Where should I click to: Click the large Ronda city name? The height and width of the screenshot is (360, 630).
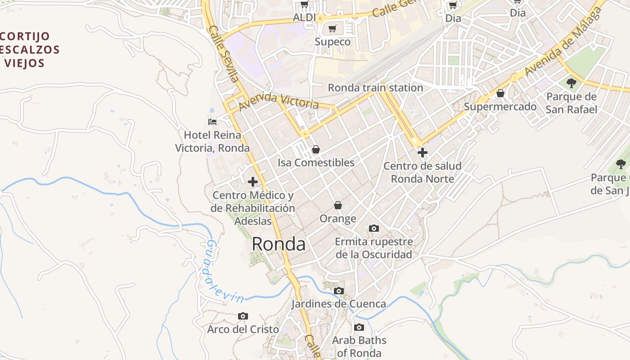click(x=279, y=244)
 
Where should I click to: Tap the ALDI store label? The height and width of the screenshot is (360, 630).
click(x=304, y=18)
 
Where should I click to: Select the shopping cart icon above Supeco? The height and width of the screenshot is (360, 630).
click(x=333, y=29)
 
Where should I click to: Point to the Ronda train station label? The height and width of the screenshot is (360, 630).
click(x=375, y=88)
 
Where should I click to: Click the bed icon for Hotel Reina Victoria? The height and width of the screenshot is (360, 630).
click(x=212, y=121)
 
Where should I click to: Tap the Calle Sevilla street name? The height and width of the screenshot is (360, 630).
click(x=224, y=53)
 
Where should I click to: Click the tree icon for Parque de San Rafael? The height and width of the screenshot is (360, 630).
click(x=571, y=83)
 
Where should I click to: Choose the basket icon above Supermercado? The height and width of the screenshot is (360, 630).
click(x=500, y=93)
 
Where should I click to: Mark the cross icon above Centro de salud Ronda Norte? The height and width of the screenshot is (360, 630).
click(x=422, y=153)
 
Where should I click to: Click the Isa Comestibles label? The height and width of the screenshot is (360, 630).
click(x=316, y=162)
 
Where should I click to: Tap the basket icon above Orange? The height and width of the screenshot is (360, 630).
click(x=338, y=205)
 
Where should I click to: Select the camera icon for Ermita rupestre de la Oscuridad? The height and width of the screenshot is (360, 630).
click(x=373, y=229)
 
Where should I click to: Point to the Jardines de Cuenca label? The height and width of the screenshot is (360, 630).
click(x=338, y=304)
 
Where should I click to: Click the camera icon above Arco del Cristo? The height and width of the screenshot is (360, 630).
click(x=243, y=316)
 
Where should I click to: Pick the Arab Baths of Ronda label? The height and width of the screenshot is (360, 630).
click(x=359, y=346)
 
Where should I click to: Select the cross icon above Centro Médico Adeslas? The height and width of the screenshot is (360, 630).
click(x=253, y=182)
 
